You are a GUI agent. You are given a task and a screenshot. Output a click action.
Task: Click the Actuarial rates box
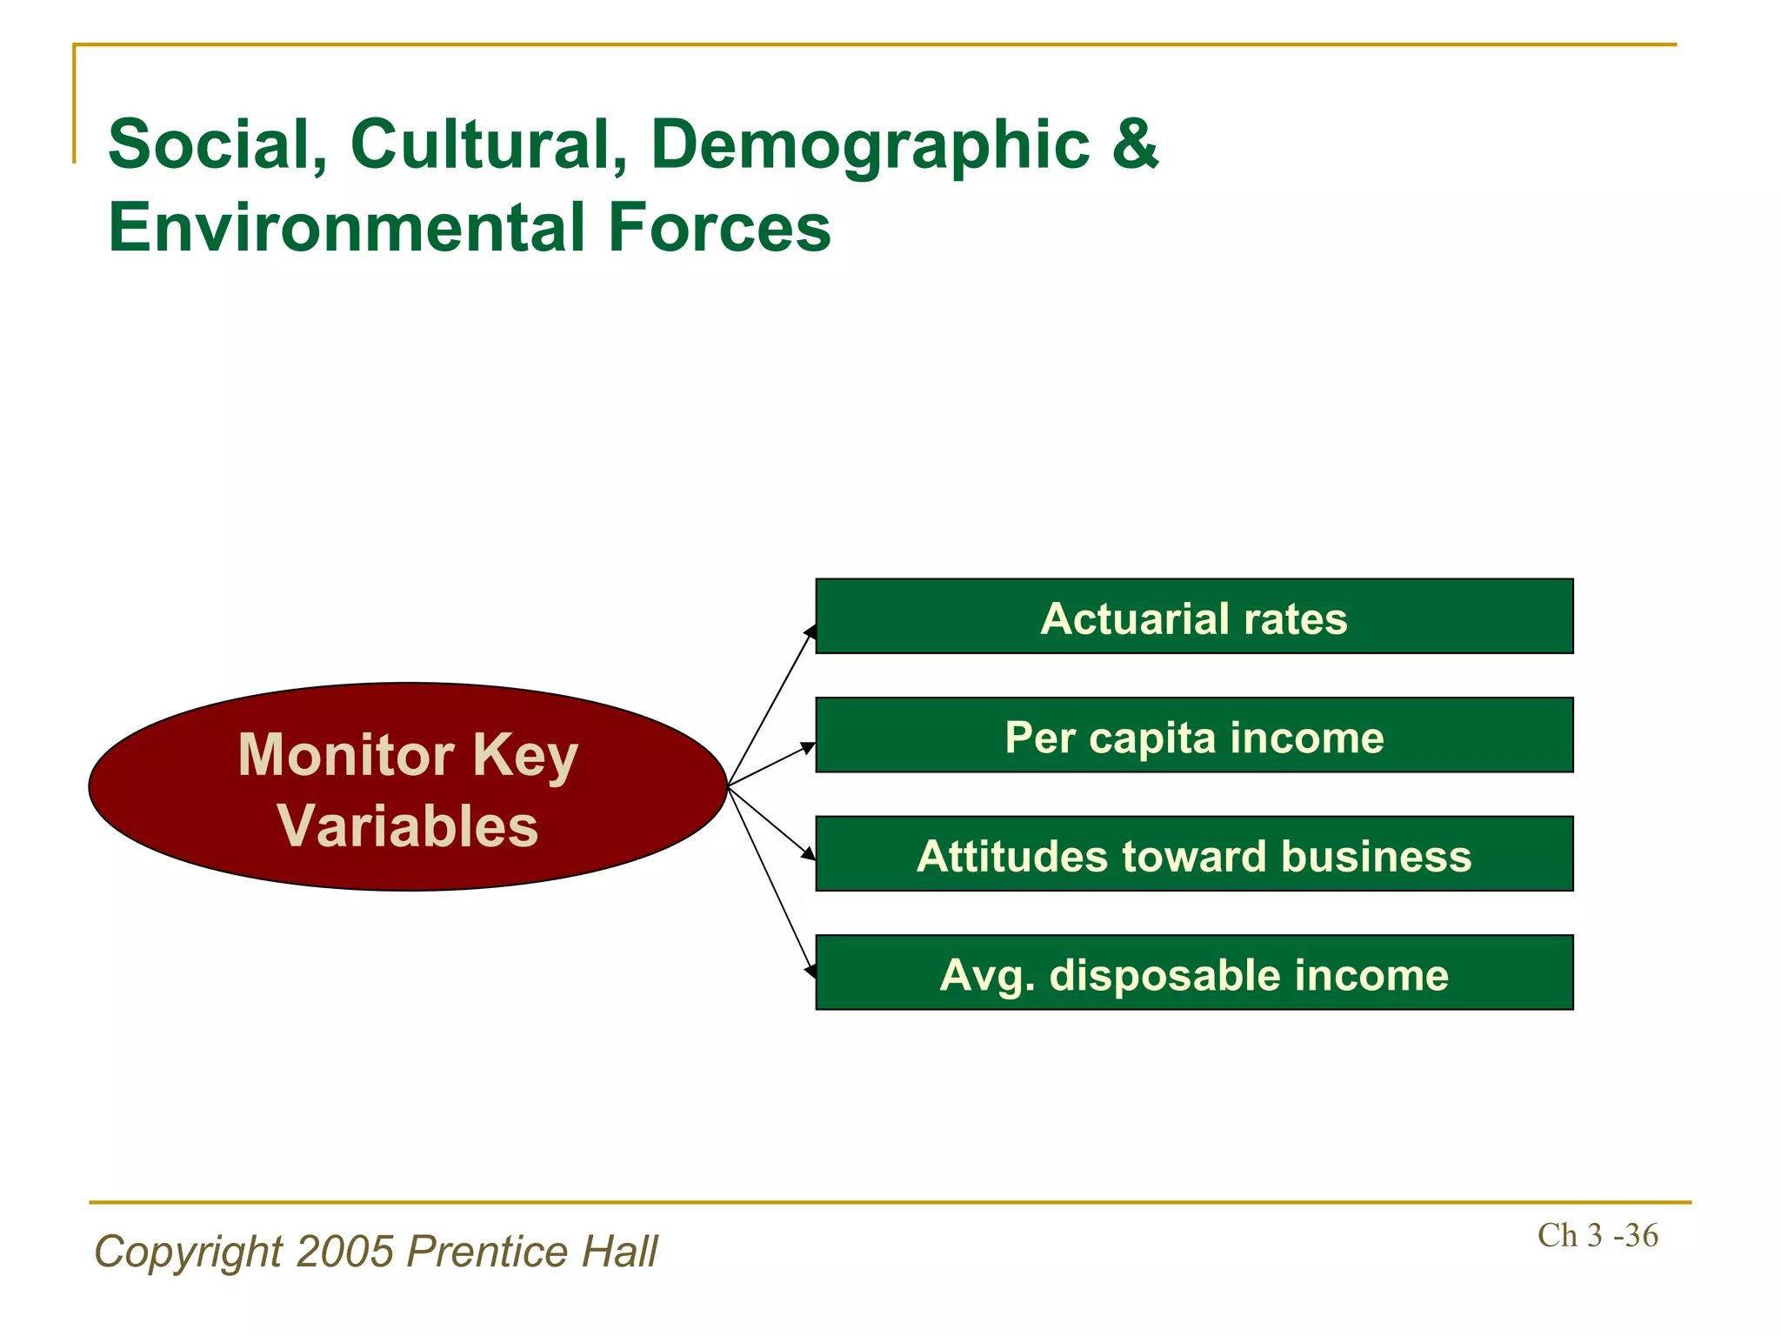coord(1193,616)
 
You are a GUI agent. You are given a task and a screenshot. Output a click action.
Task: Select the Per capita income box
coord(1193,735)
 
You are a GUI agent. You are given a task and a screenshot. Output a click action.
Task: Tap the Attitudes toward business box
coord(1193,853)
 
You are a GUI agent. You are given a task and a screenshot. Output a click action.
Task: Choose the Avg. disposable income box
coord(1193,972)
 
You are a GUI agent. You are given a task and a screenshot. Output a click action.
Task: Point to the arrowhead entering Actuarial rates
coord(810,631)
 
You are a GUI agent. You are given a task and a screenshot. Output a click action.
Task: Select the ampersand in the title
coord(1135,144)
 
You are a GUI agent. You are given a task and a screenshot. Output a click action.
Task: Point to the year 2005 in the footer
coord(345,1252)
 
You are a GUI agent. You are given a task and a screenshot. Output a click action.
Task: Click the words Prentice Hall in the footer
coord(532,1252)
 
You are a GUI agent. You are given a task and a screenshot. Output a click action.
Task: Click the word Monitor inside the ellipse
coord(346,754)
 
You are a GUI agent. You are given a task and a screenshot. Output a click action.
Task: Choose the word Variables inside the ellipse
coord(407,825)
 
